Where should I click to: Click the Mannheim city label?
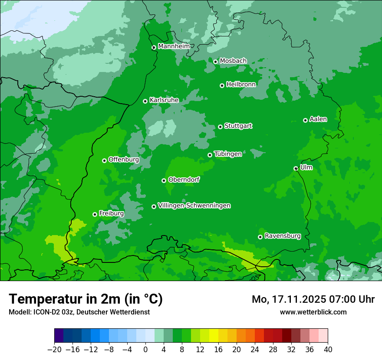click(174, 46)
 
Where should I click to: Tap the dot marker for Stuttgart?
click(221, 127)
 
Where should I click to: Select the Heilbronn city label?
click(241, 85)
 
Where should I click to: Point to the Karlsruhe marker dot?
click(145, 101)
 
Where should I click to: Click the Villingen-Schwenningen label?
click(194, 206)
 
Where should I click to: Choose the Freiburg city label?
click(111, 213)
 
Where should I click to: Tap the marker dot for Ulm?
click(296, 168)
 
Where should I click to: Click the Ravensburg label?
click(282, 236)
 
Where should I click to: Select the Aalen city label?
click(318, 119)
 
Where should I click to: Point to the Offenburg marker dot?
click(105, 160)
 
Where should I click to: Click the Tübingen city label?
click(228, 154)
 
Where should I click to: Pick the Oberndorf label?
click(184, 180)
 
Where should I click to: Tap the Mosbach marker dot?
click(215, 62)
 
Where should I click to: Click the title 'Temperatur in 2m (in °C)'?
click(86, 299)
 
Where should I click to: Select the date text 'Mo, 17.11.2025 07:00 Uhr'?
click(313, 299)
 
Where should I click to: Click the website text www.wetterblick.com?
click(313, 312)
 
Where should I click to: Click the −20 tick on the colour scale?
click(54, 350)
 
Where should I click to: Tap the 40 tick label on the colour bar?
click(328, 350)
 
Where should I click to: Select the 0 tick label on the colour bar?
click(145, 350)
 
